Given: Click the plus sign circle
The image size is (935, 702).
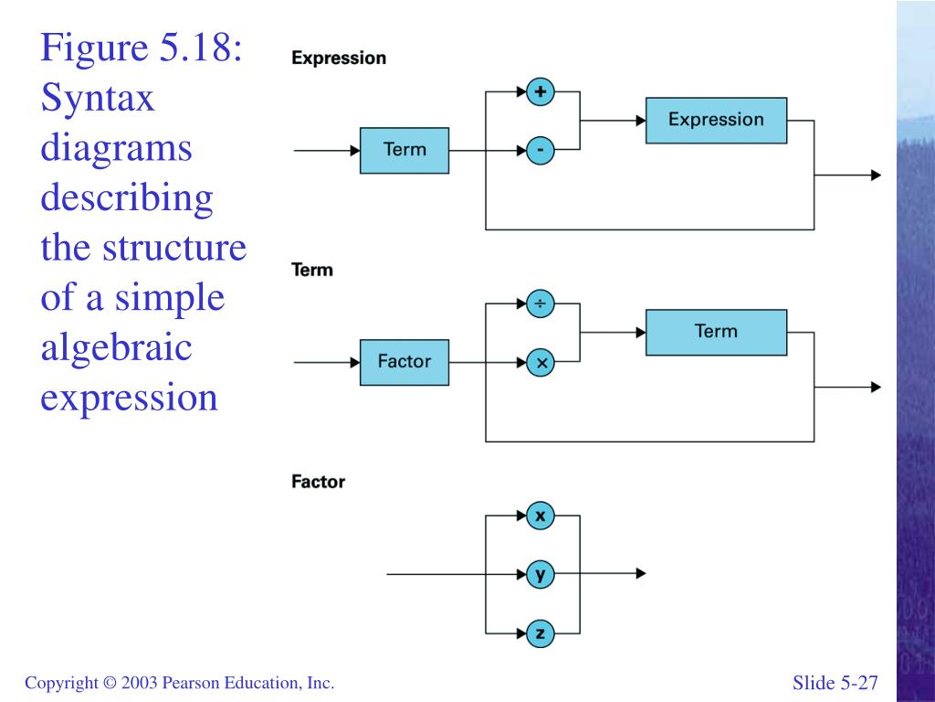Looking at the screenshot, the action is coord(541,92).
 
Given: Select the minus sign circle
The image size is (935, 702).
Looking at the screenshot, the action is coord(541,150).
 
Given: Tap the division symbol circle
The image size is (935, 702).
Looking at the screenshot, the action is coord(541,303).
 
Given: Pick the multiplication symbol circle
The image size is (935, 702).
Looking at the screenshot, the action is coord(541,362).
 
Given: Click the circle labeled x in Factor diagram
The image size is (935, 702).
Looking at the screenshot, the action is coord(541,516).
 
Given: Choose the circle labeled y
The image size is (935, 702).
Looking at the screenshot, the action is coord(541,574).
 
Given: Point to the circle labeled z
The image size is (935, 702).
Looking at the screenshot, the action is coord(541,633).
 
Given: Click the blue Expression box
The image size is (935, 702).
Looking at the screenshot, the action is coord(716,120).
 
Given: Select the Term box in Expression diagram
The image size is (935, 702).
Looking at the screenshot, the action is coord(404,151).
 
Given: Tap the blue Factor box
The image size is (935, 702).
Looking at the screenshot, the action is coord(404,362).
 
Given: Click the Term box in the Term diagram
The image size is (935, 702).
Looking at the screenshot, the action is coord(716,333).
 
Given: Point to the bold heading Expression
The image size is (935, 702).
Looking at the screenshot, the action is coord(339,58).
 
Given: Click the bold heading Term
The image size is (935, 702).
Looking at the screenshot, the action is coord(312,270).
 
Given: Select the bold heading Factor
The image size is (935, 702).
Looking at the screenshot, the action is coord(318,482).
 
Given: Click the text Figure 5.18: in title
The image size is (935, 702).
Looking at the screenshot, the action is coord(142,48).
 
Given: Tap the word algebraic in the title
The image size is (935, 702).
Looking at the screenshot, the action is coord(116,347).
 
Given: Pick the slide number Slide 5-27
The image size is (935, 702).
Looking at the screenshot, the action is coord(835,682).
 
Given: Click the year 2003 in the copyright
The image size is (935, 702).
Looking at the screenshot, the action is coord(139,682).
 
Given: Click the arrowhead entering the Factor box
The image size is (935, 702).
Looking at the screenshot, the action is coord(355,362).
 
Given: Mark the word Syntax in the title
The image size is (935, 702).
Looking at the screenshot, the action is coord(98,98).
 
